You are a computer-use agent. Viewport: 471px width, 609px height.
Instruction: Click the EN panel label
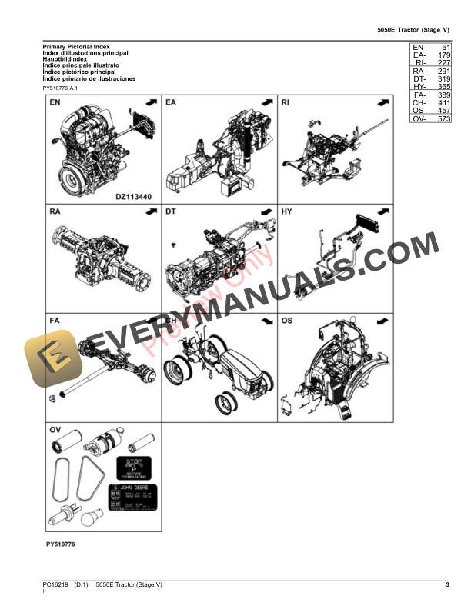[55, 102]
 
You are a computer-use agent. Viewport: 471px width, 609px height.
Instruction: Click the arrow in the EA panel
[266, 102]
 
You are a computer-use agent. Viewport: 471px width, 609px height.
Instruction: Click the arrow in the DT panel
[266, 211]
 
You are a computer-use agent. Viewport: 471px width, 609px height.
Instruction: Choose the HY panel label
[287, 211]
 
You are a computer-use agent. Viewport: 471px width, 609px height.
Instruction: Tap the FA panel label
[55, 319]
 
